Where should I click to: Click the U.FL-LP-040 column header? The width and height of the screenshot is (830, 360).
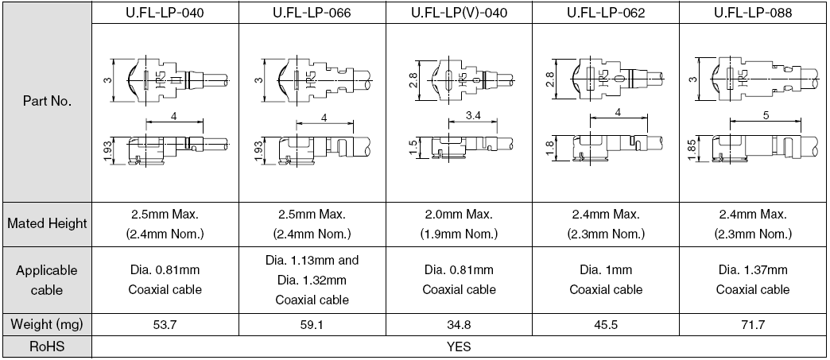[x=165, y=14]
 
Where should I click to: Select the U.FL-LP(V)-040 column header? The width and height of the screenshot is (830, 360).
[x=459, y=14]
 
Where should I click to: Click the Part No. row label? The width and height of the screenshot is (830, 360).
[x=47, y=103]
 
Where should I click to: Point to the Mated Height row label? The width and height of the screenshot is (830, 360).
[x=47, y=223]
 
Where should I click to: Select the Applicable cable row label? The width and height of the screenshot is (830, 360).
[x=47, y=280]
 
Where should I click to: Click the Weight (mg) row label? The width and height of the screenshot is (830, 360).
[x=47, y=325]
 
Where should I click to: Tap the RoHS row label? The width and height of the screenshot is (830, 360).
[x=47, y=346]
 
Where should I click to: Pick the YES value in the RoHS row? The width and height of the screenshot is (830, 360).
[x=459, y=346]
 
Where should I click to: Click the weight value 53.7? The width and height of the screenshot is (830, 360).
[x=165, y=325]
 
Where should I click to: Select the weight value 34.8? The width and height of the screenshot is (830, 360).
[x=459, y=325]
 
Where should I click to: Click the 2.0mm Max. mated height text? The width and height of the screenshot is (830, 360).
[x=459, y=215]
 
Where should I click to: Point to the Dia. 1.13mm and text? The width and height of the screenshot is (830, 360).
[x=312, y=261]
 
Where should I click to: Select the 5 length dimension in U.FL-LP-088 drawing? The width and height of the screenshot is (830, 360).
[x=765, y=116]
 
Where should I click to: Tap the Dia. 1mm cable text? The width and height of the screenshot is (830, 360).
[x=606, y=270]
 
